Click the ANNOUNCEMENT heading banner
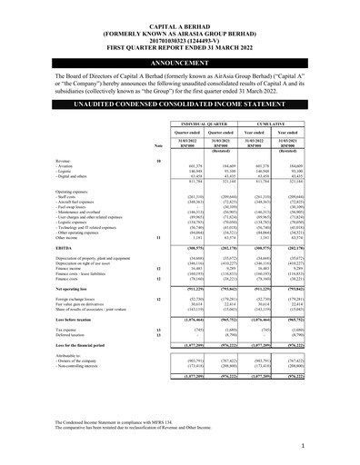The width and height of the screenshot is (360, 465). [x=179, y=63]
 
